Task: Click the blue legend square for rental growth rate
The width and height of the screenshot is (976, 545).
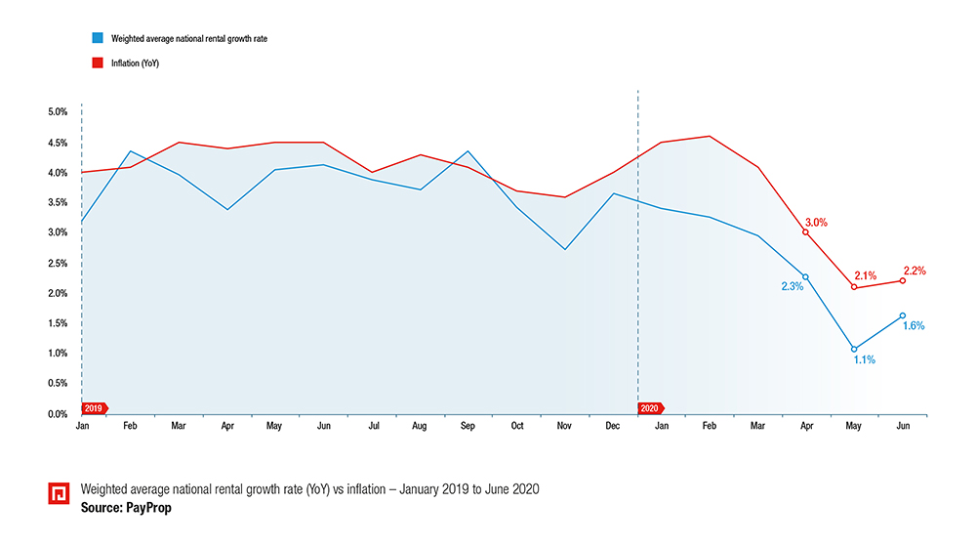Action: pyautogui.click(x=97, y=37)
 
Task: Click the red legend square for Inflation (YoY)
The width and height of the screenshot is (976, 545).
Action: pyautogui.click(x=97, y=63)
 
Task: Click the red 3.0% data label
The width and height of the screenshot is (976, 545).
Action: pyautogui.click(x=816, y=222)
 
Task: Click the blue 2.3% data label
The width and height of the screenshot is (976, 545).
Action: pyautogui.click(x=792, y=286)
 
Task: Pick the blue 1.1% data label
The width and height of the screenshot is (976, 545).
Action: pyautogui.click(x=864, y=360)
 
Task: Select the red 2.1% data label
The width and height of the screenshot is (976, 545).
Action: pyautogui.click(x=865, y=275)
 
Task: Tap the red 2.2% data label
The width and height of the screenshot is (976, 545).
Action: pyautogui.click(x=914, y=271)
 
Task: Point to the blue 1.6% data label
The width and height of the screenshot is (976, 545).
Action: pyautogui.click(x=913, y=325)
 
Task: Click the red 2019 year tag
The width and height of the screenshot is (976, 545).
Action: pyautogui.click(x=95, y=408)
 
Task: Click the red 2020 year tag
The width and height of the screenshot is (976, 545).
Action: pyautogui.click(x=650, y=408)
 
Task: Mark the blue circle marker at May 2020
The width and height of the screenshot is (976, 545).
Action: pyautogui.click(x=854, y=349)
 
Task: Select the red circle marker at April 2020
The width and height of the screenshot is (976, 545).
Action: pyautogui.click(x=805, y=232)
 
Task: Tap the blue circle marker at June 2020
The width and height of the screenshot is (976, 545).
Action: pyautogui.click(x=903, y=315)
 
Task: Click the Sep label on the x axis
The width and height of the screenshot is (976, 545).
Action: pyautogui.click(x=468, y=427)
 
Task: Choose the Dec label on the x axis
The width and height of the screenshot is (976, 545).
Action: pyautogui.click(x=613, y=427)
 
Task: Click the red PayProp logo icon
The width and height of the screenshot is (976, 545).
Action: pyautogui.click(x=59, y=493)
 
